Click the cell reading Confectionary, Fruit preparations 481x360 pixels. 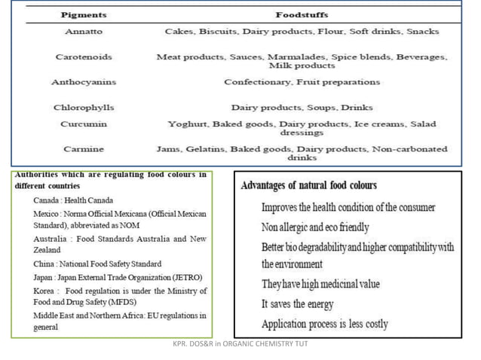tap(302, 81)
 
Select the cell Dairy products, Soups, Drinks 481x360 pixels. tap(302, 108)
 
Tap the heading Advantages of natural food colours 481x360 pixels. tap(308, 185)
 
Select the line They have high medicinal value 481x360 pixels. tap(320, 284)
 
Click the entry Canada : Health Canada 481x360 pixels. tap(73, 200)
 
